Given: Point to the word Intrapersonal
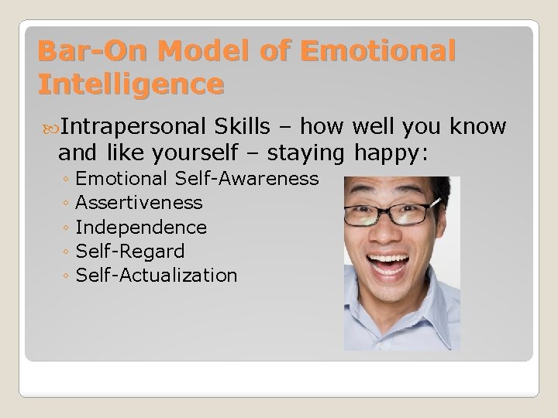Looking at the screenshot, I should (x=133, y=127).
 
